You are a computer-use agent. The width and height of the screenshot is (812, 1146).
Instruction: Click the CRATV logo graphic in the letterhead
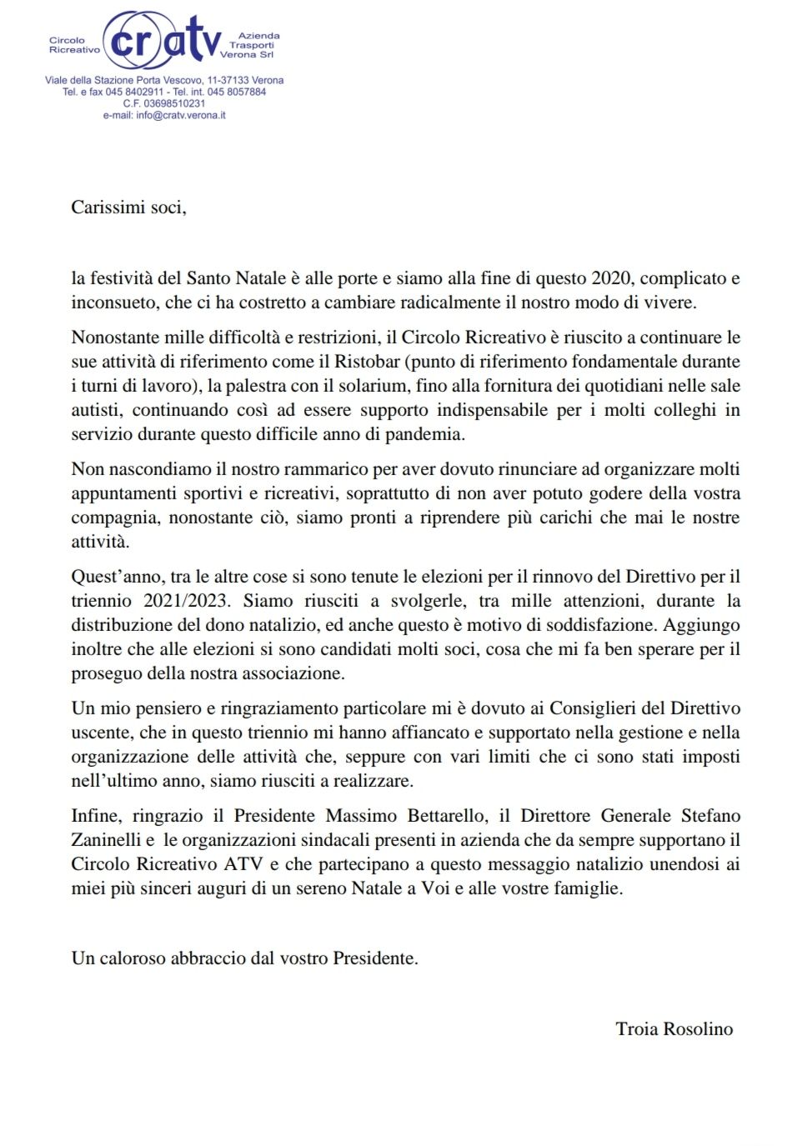(163, 40)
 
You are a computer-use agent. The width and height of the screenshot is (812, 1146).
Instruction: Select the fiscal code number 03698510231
(174, 103)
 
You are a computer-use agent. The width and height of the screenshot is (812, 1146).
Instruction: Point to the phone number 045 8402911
(134, 92)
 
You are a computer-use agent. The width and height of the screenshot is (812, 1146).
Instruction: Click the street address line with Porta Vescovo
(164, 80)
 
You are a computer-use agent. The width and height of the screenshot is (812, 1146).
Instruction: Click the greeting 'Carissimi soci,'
(128, 208)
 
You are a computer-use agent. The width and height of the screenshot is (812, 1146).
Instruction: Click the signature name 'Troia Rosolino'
(674, 1029)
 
